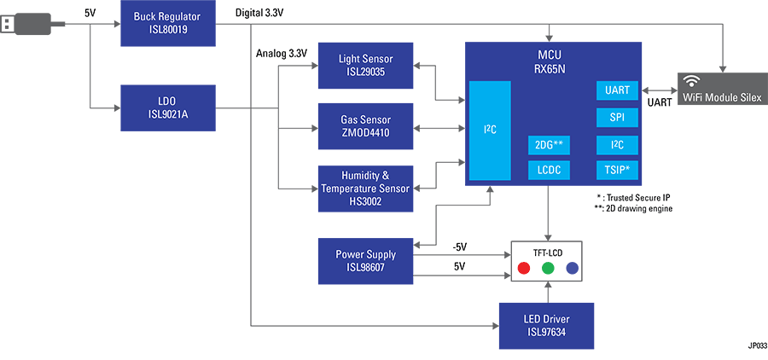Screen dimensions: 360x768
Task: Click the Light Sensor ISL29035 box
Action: pos(366,65)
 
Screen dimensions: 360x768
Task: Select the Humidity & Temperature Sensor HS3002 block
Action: pos(366,189)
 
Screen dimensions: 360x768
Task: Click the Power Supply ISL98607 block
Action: pos(366,260)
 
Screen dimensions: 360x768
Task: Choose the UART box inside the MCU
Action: pos(616,90)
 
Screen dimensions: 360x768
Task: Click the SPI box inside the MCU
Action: pos(616,117)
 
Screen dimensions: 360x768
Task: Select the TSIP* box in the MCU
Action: pos(616,171)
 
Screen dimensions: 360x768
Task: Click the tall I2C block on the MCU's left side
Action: pos(490,130)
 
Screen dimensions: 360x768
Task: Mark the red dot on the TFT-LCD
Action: pos(523,269)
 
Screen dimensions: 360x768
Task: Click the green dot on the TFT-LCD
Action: pos(548,269)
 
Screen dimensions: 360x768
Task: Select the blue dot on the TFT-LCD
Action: pos(572,269)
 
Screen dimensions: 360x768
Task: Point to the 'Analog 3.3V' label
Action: pos(282,54)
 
